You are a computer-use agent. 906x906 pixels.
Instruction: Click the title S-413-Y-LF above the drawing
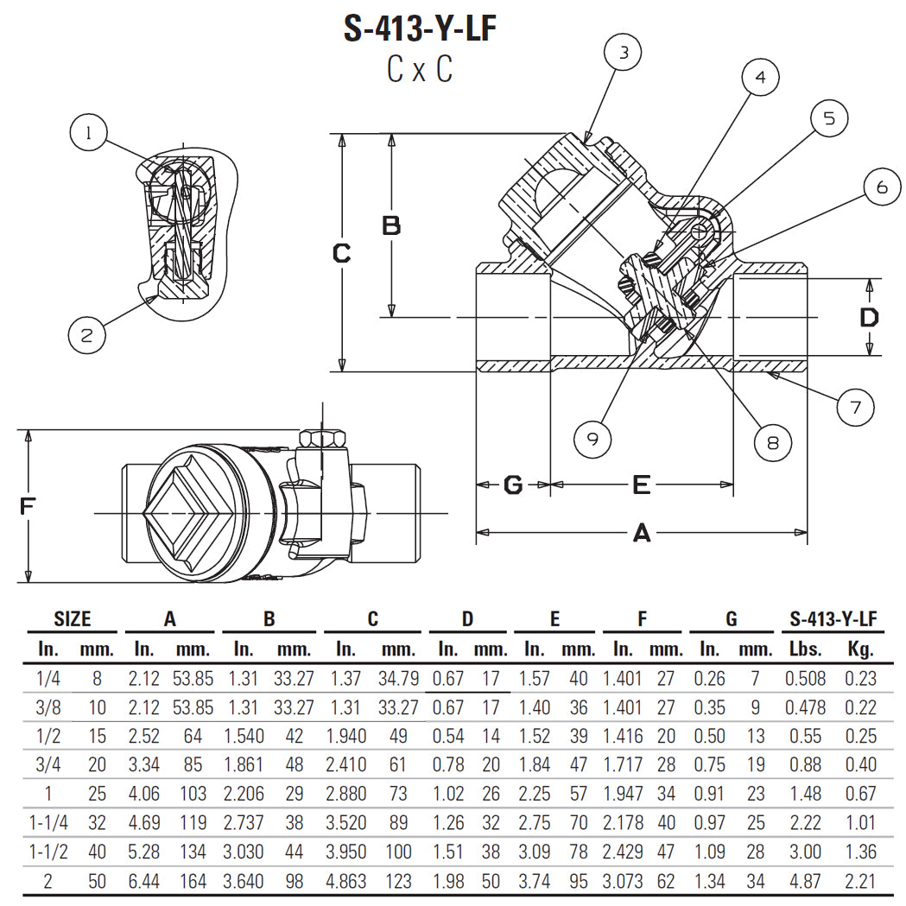[421, 29]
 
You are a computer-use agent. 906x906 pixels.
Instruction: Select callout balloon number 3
[624, 53]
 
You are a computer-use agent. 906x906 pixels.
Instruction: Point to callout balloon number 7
[855, 407]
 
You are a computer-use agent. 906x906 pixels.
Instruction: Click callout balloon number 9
[592, 439]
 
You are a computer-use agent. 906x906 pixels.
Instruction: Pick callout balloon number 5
[828, 118]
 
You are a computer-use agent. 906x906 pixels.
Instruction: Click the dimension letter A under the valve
[641, 534]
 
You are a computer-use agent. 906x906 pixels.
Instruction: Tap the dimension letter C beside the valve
[342, 253]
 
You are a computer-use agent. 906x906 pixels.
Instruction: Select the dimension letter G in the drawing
[513, 485]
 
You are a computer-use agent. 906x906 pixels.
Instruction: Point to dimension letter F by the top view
[29, 506]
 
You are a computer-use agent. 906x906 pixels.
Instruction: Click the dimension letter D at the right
[869, 317]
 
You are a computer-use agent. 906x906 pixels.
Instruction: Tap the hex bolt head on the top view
[325, 439]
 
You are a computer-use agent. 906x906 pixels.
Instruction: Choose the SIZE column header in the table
[73, 618]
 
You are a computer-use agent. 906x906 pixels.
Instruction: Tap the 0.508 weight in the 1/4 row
[805, 679]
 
